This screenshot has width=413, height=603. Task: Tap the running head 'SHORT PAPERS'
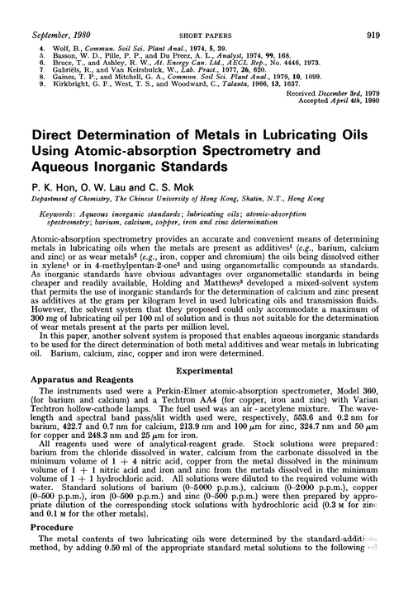pos(205,12)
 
